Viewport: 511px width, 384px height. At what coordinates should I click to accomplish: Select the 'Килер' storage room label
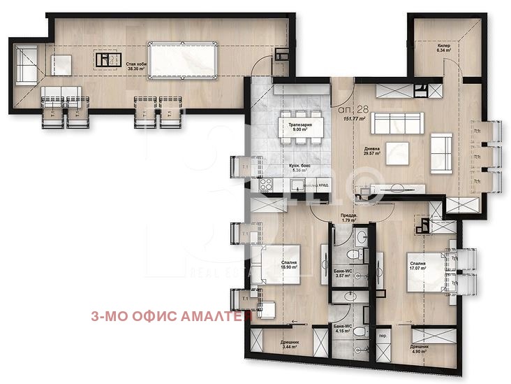click(444, 45)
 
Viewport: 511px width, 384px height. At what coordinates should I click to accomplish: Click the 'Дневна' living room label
click(371, 149)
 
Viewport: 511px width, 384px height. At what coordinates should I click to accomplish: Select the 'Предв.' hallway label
click(349, 215)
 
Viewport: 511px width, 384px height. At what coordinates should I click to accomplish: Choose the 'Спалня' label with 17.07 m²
click(417, 264)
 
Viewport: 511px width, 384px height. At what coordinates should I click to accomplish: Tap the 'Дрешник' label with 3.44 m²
click(290, 343)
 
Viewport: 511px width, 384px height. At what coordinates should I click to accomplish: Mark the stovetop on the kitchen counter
click(265, 185)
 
